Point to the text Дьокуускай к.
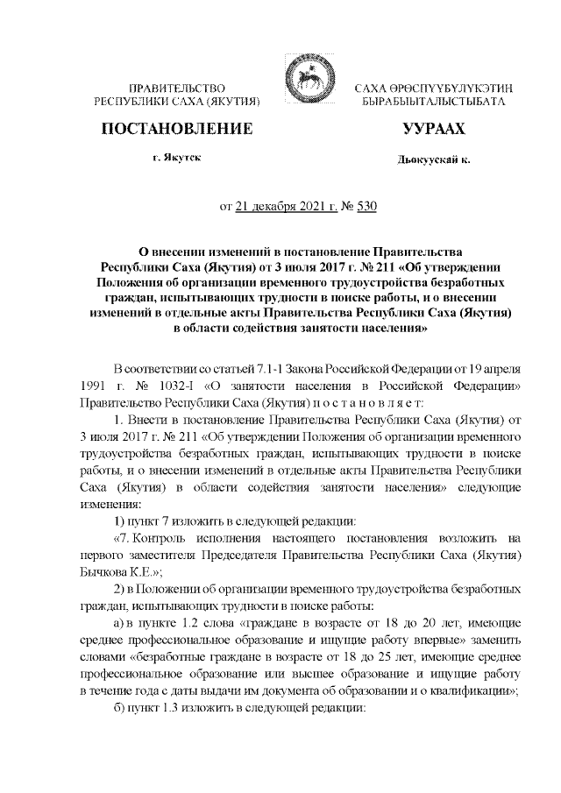pyautogui.click(x=434, y=161)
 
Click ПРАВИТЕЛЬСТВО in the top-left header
pyautogui.click(x=178, y=89)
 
